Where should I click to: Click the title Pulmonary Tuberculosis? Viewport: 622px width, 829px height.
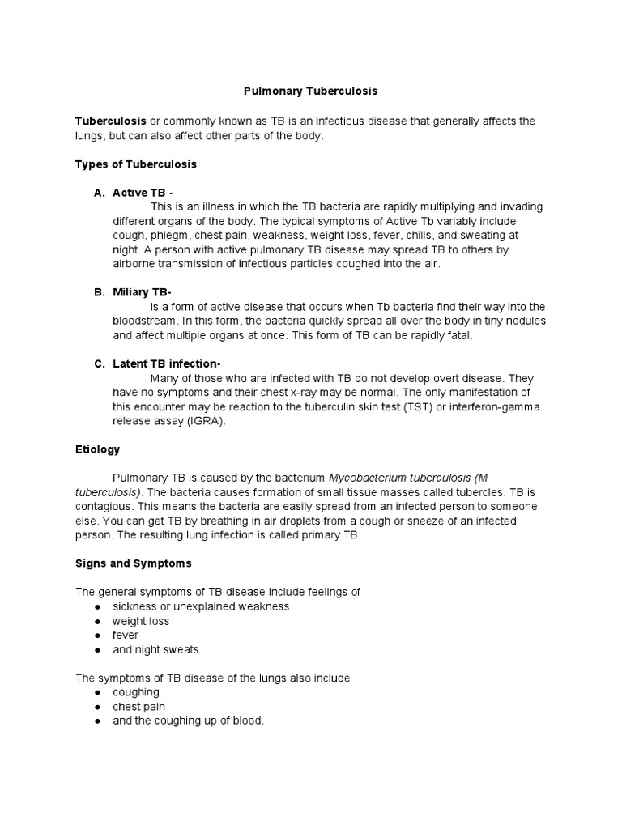(x=312, y=92)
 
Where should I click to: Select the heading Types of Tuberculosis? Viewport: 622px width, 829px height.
(x=135, y=164)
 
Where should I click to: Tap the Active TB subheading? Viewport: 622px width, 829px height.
(x=143, y=193)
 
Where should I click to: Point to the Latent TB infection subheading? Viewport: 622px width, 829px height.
(x=166, y=364)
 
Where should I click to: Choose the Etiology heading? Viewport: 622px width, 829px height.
(x=97, y=449)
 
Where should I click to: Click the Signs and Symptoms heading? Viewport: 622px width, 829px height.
(x=133, y=563)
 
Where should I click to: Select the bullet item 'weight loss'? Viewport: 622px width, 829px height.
(x=141, y=621)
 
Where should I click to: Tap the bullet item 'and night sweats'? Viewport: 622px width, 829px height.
(x=155, y=649)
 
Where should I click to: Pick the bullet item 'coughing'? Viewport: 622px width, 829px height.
(x=136, y=692)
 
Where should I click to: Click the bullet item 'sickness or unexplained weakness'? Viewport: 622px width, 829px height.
(x=201, y=606)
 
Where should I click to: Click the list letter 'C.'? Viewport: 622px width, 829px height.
(x=100, y=364)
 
